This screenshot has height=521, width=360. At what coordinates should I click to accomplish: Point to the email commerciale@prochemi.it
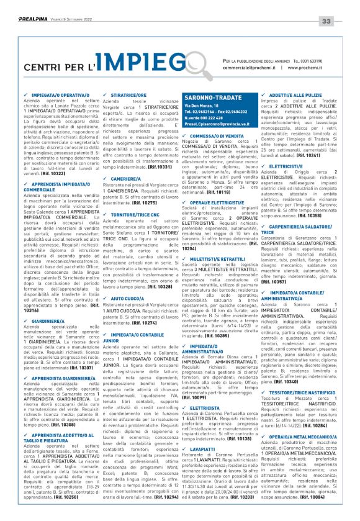click(x=251, y=67)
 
